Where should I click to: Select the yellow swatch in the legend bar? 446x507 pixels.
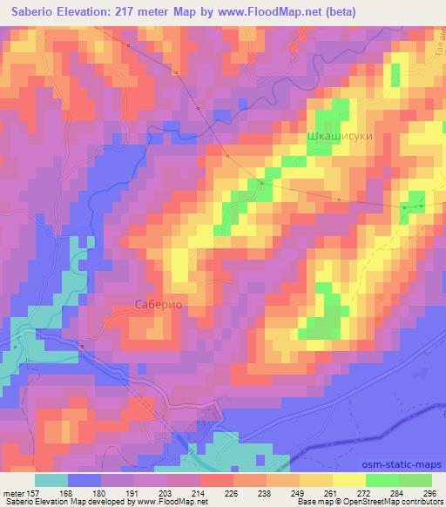click(x=350, y=480)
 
